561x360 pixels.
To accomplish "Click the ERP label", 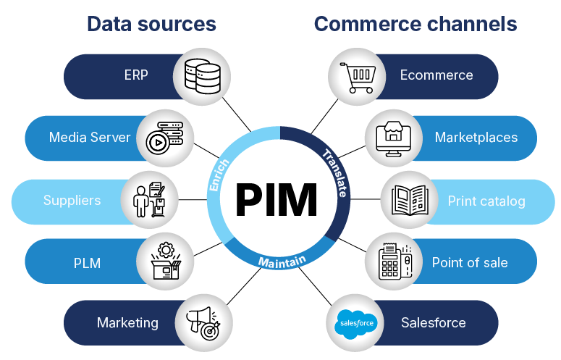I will pyautogui.click(x=135, y=75).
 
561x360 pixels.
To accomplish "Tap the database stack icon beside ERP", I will pyautogui.click(x=201, y=75).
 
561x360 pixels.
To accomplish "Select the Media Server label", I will pyautogui.click(x=90, y=138).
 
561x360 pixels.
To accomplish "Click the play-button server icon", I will pyautogui.click(x=165, y=138).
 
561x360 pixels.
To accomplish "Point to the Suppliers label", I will pyautogui.click(x=72, y=200).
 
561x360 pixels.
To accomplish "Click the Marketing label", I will pyautogui.click(x=127, y=322).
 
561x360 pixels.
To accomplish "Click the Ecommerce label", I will pyautogui.click(x=436, y=75).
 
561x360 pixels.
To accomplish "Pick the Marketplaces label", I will pyautogui.click(x=476, y=138).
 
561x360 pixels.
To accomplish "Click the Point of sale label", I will pyautogui.click(x=470, y=262).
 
